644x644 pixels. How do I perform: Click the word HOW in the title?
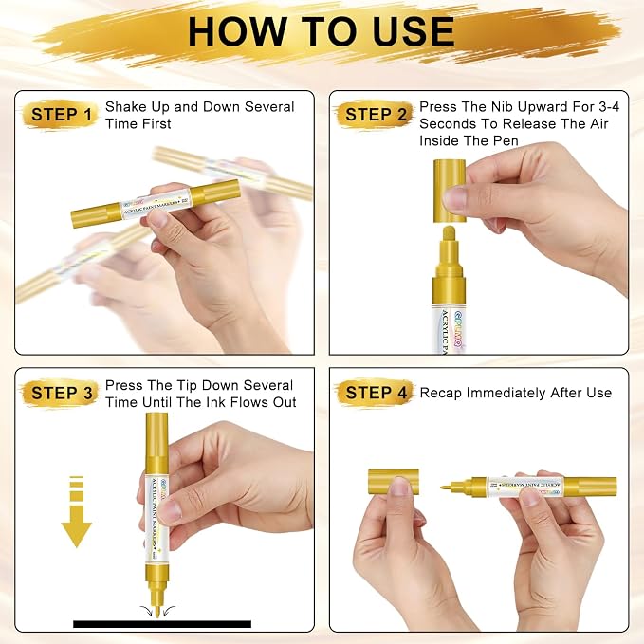[238, 31]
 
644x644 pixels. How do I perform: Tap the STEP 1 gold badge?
[61, 115]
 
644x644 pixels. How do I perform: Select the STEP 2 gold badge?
[375, 115]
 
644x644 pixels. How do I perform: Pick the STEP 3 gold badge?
[61, 393]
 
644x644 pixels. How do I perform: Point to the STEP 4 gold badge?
[375, 393]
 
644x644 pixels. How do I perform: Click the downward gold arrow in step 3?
[77, 512]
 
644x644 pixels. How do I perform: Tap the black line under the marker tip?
[162, 624]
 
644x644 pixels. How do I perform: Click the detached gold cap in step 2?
[450, 191]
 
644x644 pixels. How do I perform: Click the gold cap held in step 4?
[393, 481]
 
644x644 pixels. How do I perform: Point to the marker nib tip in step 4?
[442, 488]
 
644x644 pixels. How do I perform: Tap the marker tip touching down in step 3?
[157, 611]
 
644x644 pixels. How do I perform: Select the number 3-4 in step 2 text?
[609, 107]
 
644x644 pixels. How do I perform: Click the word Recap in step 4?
[441, 393]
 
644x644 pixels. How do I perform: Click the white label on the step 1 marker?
[156, 203]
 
